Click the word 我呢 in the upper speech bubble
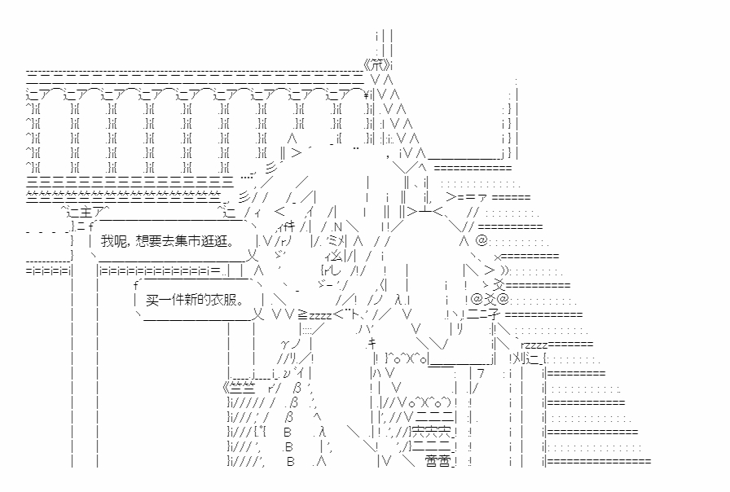click(x=113, y=242)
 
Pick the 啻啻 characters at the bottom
click(x=438, y=462)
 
